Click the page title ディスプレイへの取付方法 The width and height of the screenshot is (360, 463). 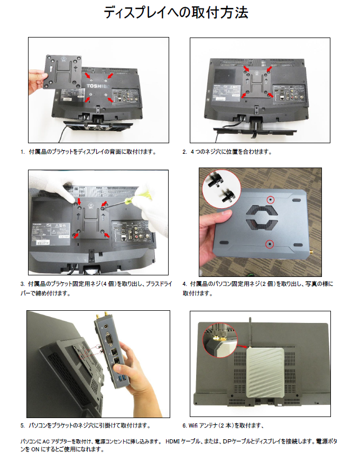coord(176,13)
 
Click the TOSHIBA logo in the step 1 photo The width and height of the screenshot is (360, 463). coord(98,86)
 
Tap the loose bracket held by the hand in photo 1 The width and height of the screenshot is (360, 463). coord(62,72)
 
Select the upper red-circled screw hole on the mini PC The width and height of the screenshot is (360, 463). coord(270,200)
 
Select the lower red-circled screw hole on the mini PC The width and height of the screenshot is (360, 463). coord(270,244)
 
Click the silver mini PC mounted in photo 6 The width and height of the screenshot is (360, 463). coord(265,373)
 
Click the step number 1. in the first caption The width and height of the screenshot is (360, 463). coord(22,152)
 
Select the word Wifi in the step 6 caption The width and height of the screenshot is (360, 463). coord(193,425)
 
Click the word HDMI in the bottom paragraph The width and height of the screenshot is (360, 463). coord(172,441)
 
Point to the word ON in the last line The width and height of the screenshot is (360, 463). coord(35,449)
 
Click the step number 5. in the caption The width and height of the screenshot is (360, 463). coord(22,426)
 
